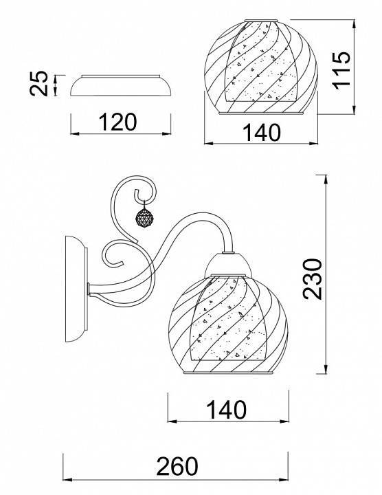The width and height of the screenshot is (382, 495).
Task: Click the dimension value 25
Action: pyautogui.click(x=38, y=83)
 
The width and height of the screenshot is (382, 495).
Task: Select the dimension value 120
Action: pyautogui.click(x=118, y=122)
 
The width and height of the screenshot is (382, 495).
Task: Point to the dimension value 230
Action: pyautogui.click(x=313, y=278)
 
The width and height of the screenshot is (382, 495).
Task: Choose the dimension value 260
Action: pyautogui.click(x=177, y=466)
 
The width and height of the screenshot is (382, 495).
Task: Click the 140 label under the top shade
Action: pyautogui.click(x=262, y=133)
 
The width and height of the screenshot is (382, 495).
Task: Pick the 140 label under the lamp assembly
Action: pyautogui.click(x=226, y=410)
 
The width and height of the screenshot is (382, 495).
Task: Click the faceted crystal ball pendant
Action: pyautogui.click(x=144, y=218)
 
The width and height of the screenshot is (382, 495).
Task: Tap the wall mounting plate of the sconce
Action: pyautogui.click(x=76, y=289)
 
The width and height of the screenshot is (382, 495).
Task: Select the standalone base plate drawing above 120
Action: pyautogui.click(x=120, y=85)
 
